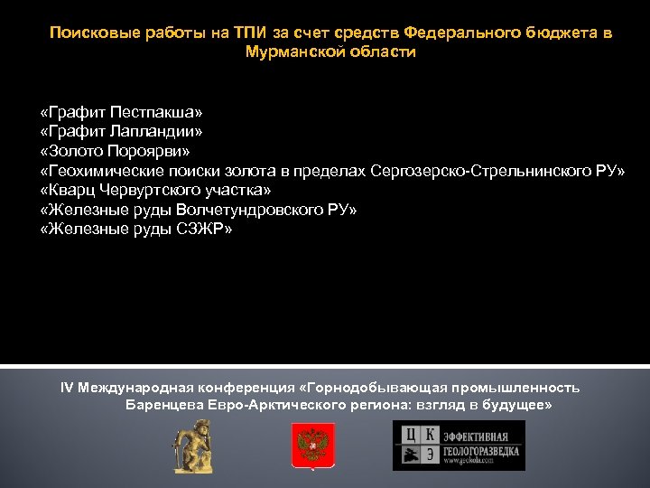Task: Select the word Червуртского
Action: pos(138,191)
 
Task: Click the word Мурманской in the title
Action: pos(289,52)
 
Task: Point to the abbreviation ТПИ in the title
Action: pos(252,33)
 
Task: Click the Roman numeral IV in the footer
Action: pos(67,388)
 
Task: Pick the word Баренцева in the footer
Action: pos(163,406)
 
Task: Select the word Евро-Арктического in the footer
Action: pos(268,406)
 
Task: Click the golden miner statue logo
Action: pos(192,446)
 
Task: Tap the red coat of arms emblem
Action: pos(312,446)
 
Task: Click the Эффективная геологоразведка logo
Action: pos(459,446)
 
